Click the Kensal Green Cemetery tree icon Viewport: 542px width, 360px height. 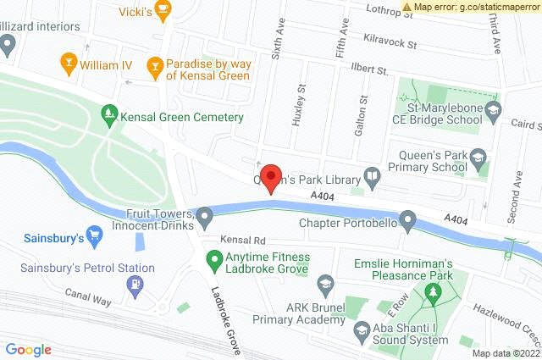[108, 112]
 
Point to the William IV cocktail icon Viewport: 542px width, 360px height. [68, 61]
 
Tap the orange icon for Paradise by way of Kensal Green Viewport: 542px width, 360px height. [154, 64]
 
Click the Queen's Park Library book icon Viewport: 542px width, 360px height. [372, 176]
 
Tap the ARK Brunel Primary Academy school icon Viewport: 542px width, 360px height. [324, 283]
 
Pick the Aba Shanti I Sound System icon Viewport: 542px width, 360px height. [362, 330]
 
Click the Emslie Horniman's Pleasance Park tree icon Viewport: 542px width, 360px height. [434, 292]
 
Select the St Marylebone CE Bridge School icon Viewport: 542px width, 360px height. [493, 108]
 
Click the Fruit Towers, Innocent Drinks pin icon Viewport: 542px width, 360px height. [205, 217]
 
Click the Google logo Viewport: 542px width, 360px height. [29, 349]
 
